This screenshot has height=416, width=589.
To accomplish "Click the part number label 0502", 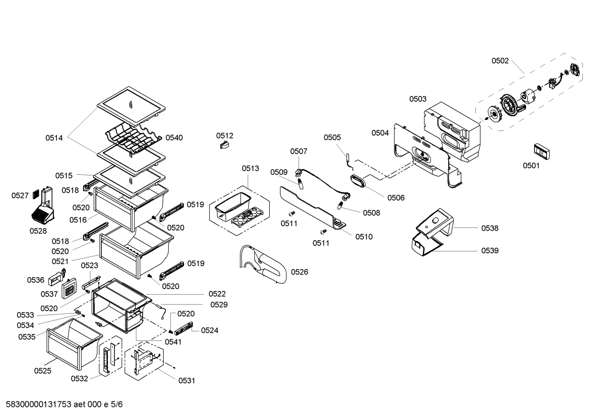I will (x=500, y=61).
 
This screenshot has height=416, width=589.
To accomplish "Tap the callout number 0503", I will (x=418, y=99).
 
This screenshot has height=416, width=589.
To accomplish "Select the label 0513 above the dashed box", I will (x=250, y=168).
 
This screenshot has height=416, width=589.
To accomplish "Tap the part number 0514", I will (x=54, y=138).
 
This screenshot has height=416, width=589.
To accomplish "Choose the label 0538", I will (x=490, y=228).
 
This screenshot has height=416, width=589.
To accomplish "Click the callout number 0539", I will (x=490, y=251).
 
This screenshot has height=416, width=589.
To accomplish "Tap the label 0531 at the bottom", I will (x=187, y=380).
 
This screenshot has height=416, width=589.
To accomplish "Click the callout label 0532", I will (x=79, y=378).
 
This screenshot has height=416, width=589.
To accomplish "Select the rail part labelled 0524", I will (x=183, y=327).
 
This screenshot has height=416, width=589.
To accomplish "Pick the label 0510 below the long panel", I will (x=364, y=237).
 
